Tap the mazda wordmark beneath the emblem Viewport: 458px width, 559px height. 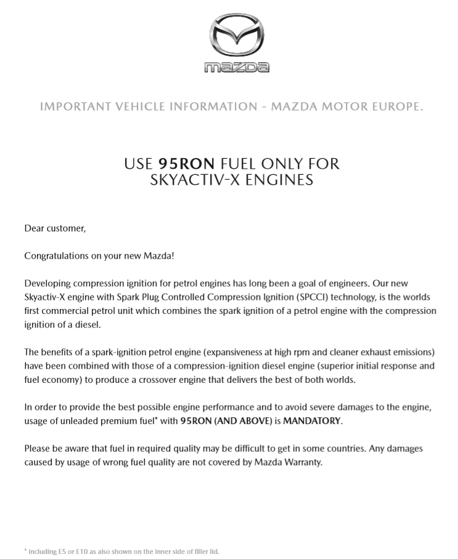coord(237,67)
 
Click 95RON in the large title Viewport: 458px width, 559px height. coord(186,164)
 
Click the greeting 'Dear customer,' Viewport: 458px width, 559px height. coord(55,228)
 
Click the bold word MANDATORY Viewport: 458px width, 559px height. coord(311,421)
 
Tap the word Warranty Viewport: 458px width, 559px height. coord(301,462)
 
